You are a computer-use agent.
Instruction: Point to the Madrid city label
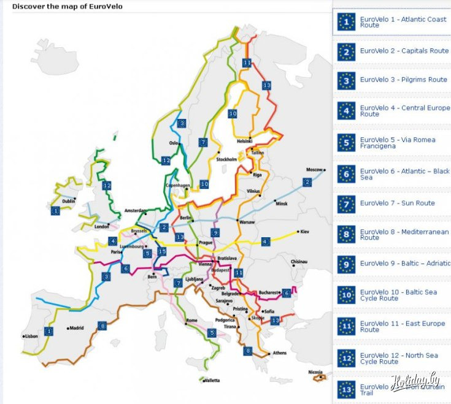[x=76, y=328]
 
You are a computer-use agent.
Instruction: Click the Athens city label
[x=279, y=353]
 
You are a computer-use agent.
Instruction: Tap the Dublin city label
[x=69, y=200]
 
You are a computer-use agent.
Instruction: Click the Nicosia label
[x=315, y=372]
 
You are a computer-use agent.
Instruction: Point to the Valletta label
[x=212, y=380]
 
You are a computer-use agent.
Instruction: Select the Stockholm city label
[x=226, y=159]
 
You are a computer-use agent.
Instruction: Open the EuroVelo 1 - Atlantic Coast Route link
[x=403, y=22]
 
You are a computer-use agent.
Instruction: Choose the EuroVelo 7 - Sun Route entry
[x=397, y=203]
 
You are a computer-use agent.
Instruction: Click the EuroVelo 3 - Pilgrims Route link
[x=403, y=80]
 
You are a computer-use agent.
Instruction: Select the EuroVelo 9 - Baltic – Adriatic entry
[x=404, y=263]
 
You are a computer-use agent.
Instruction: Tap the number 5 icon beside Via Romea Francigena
[x=346, y=143]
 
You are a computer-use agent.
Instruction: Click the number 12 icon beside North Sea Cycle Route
[x=346, y=358]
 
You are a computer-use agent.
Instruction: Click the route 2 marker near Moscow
[x=307, y=182]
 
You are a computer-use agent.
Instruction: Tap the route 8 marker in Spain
[x=102, y=326]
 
